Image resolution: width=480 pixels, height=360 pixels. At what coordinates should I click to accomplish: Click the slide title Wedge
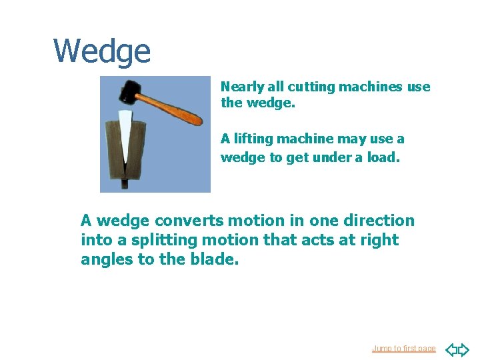[102, 51]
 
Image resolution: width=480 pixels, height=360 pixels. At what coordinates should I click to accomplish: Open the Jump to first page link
[403, 349]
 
